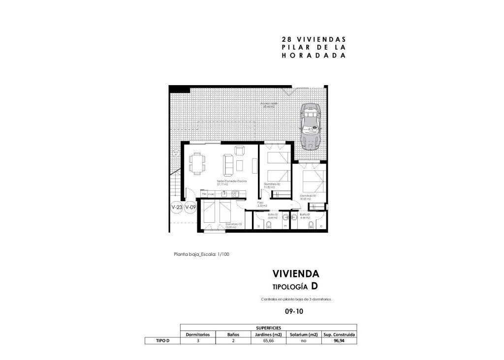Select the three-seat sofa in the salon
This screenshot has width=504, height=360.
(x=228, y=164)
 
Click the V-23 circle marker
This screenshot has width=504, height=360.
(x=177, y=208)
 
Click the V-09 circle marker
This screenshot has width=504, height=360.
(x=190, y=208)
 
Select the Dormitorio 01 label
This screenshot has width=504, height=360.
(x=308, y=196)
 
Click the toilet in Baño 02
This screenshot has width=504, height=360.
(x=269, y=225)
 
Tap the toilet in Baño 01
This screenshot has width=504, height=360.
(x=310, y=225)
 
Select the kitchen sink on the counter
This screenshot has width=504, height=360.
(x=234, y=194)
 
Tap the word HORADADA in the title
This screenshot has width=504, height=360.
(x=313, y=56)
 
